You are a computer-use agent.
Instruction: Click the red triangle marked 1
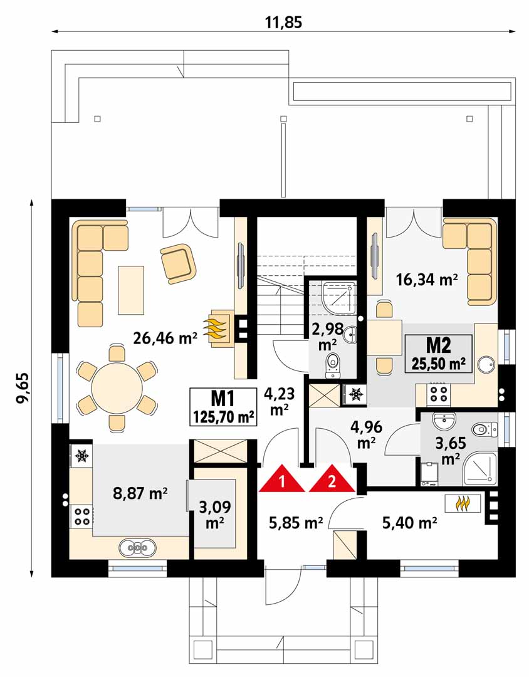282,480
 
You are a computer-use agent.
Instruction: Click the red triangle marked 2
332,480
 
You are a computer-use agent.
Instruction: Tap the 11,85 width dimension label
283,22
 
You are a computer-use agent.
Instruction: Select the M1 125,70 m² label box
223,406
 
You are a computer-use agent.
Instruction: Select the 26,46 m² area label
165,338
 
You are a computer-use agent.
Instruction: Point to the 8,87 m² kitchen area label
140,493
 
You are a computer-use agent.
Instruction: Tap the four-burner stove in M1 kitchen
81,515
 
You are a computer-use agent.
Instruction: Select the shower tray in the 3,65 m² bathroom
479,468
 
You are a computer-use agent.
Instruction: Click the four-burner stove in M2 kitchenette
439,394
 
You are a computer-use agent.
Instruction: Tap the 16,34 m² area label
427,280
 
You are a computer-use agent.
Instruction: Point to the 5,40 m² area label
409,523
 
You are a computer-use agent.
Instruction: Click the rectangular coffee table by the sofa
131,290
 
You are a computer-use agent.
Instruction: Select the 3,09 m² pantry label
214,514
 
